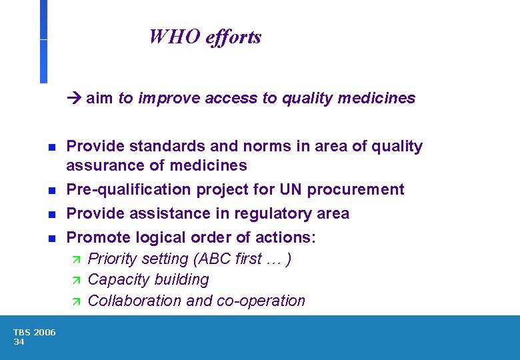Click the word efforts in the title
tap(233, 37)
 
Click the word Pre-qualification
tap(129, 190)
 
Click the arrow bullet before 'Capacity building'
tap(75, 280)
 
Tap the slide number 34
tap(19, 342)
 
